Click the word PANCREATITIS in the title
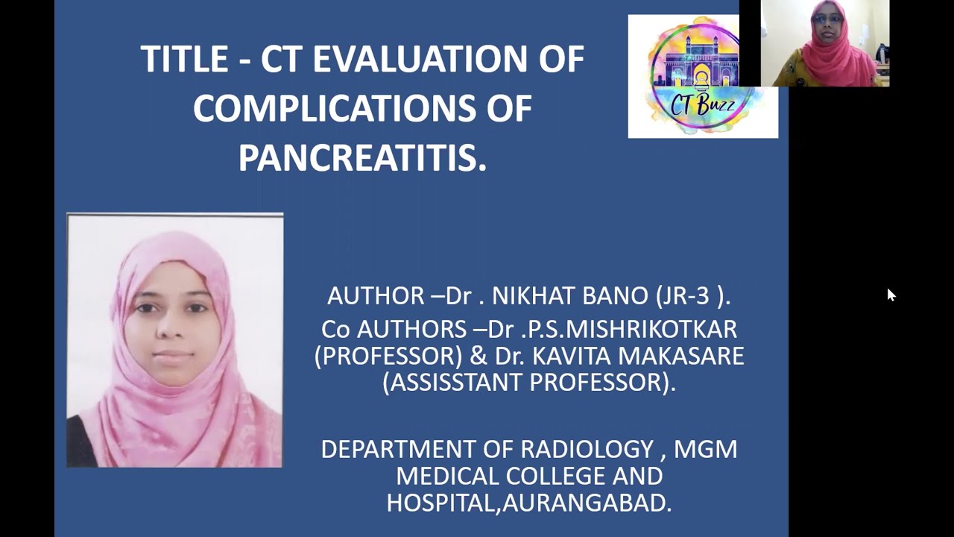pyautogui.click(x=361, y=158)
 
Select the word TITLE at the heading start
pyautogui.click(x=183, y=60)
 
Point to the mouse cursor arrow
pyautogui.click(x=891, y=295)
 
